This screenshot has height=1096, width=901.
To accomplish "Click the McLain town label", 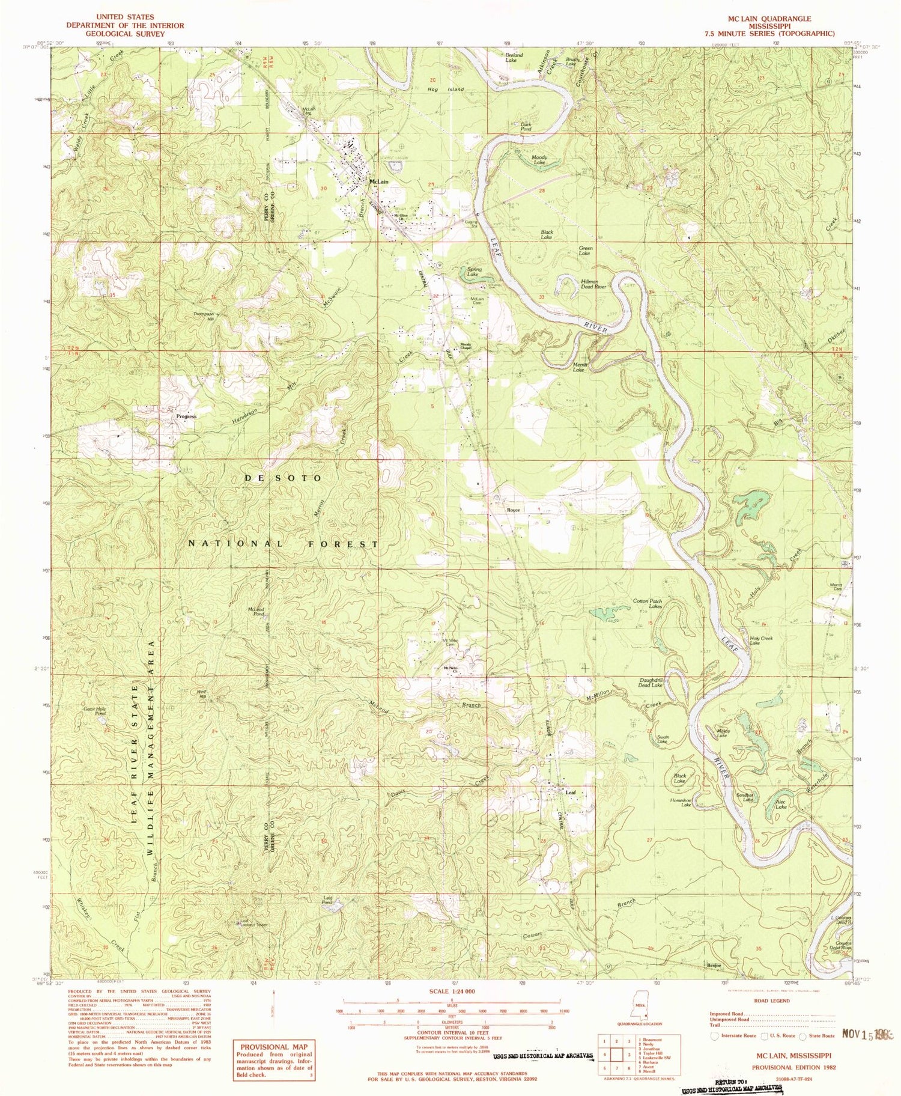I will [378, 181].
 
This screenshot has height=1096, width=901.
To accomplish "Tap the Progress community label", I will [186, 416].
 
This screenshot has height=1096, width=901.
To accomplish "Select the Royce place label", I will [513, 510].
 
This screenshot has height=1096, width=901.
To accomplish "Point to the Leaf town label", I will [571, 793].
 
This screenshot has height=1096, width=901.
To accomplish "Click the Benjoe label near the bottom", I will [714, 965].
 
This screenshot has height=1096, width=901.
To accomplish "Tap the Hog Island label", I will [445, 89].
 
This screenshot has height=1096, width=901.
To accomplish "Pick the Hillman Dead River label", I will [593, 284].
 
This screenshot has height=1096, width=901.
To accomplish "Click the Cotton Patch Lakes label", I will [648, 604].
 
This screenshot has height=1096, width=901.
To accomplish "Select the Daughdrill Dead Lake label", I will [651, 683].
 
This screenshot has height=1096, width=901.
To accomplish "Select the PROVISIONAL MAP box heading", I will [273, 1047].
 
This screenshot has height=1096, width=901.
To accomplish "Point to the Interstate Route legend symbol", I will [714, 1035].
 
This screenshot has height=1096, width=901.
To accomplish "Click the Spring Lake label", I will [474, 272].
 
